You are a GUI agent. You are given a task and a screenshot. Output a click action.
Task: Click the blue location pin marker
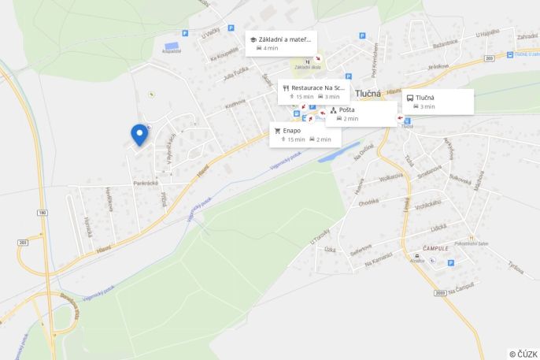click(139, 134)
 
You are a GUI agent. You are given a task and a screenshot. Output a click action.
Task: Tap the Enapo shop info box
click(305, 135)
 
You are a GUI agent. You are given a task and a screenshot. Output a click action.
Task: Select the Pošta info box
click(361, 113)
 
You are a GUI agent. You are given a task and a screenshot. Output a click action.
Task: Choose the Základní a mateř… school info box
click(281, 43)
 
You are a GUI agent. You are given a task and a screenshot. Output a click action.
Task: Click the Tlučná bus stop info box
click(438, 102)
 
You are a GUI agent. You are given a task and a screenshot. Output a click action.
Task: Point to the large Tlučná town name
click(368, 94)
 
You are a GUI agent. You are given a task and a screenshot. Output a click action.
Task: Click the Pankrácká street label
click(146, 183)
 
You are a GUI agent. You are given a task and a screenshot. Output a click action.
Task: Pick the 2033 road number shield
click(439, 292)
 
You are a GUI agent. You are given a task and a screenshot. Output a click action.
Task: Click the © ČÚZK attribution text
click(523, 354)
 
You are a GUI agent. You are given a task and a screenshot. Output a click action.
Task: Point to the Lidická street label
click(438, 228)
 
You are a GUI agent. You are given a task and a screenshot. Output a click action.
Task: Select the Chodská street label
click(368, 202)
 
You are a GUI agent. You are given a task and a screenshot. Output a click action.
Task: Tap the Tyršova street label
click(516, 267)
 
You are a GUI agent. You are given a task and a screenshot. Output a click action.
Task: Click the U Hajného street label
click(488, 35)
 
